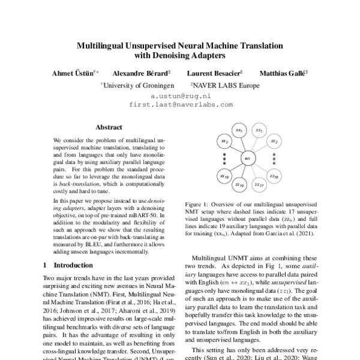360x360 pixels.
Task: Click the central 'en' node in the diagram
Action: click(x=247, y=158)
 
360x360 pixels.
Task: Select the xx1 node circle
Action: click(x=239, y=130)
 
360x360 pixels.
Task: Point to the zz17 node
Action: click(x=259, y=186)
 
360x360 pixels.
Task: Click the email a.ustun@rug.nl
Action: click(x=180, y=95)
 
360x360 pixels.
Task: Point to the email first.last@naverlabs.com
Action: click(x=180, y=104)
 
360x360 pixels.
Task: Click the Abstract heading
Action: click(x=109, y=127)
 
